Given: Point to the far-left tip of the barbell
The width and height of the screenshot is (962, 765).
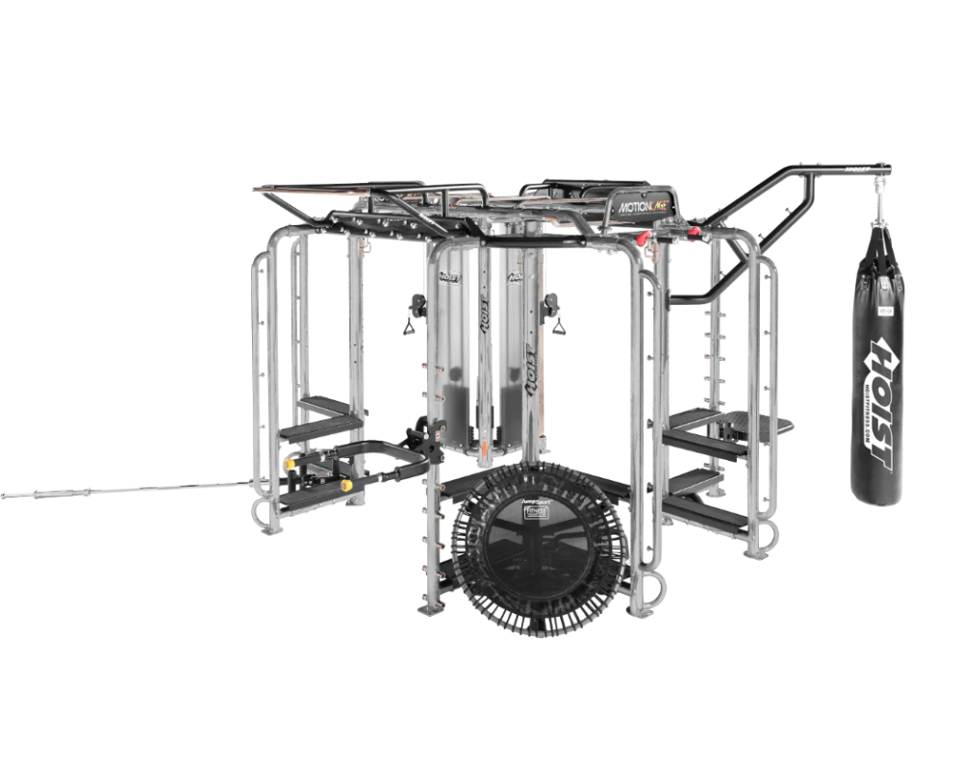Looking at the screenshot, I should [x=5, y=496].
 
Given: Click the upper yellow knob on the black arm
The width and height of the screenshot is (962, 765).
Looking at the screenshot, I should [x=290, y=464].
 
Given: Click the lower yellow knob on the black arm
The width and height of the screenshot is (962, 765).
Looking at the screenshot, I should [x=346, y=486].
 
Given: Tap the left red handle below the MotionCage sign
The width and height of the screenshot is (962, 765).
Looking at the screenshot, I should [x=636, y=237].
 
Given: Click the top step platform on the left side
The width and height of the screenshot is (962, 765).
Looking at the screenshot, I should [x=324, y=405].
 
